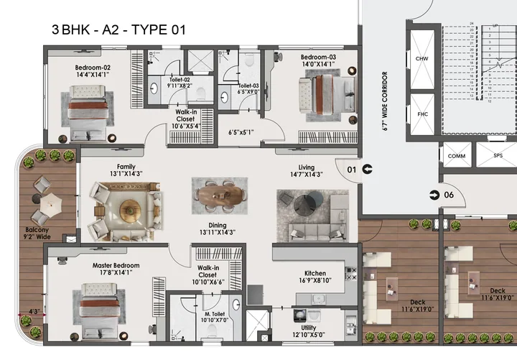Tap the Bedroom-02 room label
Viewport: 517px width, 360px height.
92,65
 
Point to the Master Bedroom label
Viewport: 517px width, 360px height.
116,265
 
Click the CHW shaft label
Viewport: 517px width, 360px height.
422,59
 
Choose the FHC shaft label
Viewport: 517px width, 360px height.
422,114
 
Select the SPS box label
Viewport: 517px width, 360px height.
498,156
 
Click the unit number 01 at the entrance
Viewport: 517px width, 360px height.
352,170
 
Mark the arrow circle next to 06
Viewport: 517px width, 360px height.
434,195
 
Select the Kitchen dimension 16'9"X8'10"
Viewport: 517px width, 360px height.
315,282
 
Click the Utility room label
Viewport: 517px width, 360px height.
315,326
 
